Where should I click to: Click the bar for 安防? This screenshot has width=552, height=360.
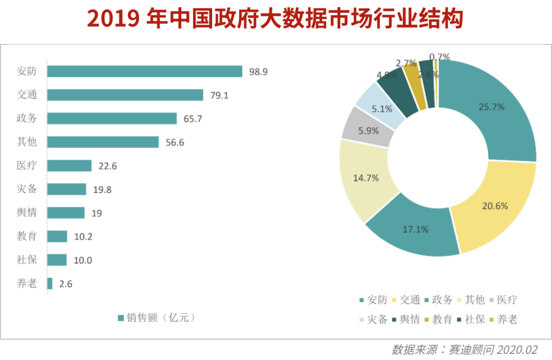145,72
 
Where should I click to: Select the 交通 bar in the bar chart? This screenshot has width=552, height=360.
125,95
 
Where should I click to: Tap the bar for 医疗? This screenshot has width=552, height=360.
70,166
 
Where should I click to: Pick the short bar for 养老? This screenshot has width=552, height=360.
50,283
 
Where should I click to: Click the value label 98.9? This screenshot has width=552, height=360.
258,72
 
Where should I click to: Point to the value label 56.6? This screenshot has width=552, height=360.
175,142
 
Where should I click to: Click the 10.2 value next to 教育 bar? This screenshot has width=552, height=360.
83,236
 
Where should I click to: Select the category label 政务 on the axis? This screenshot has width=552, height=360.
27,119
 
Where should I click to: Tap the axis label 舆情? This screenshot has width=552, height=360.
27,213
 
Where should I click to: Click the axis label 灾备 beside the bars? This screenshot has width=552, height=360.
27,189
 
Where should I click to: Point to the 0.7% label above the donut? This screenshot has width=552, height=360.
440,57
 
